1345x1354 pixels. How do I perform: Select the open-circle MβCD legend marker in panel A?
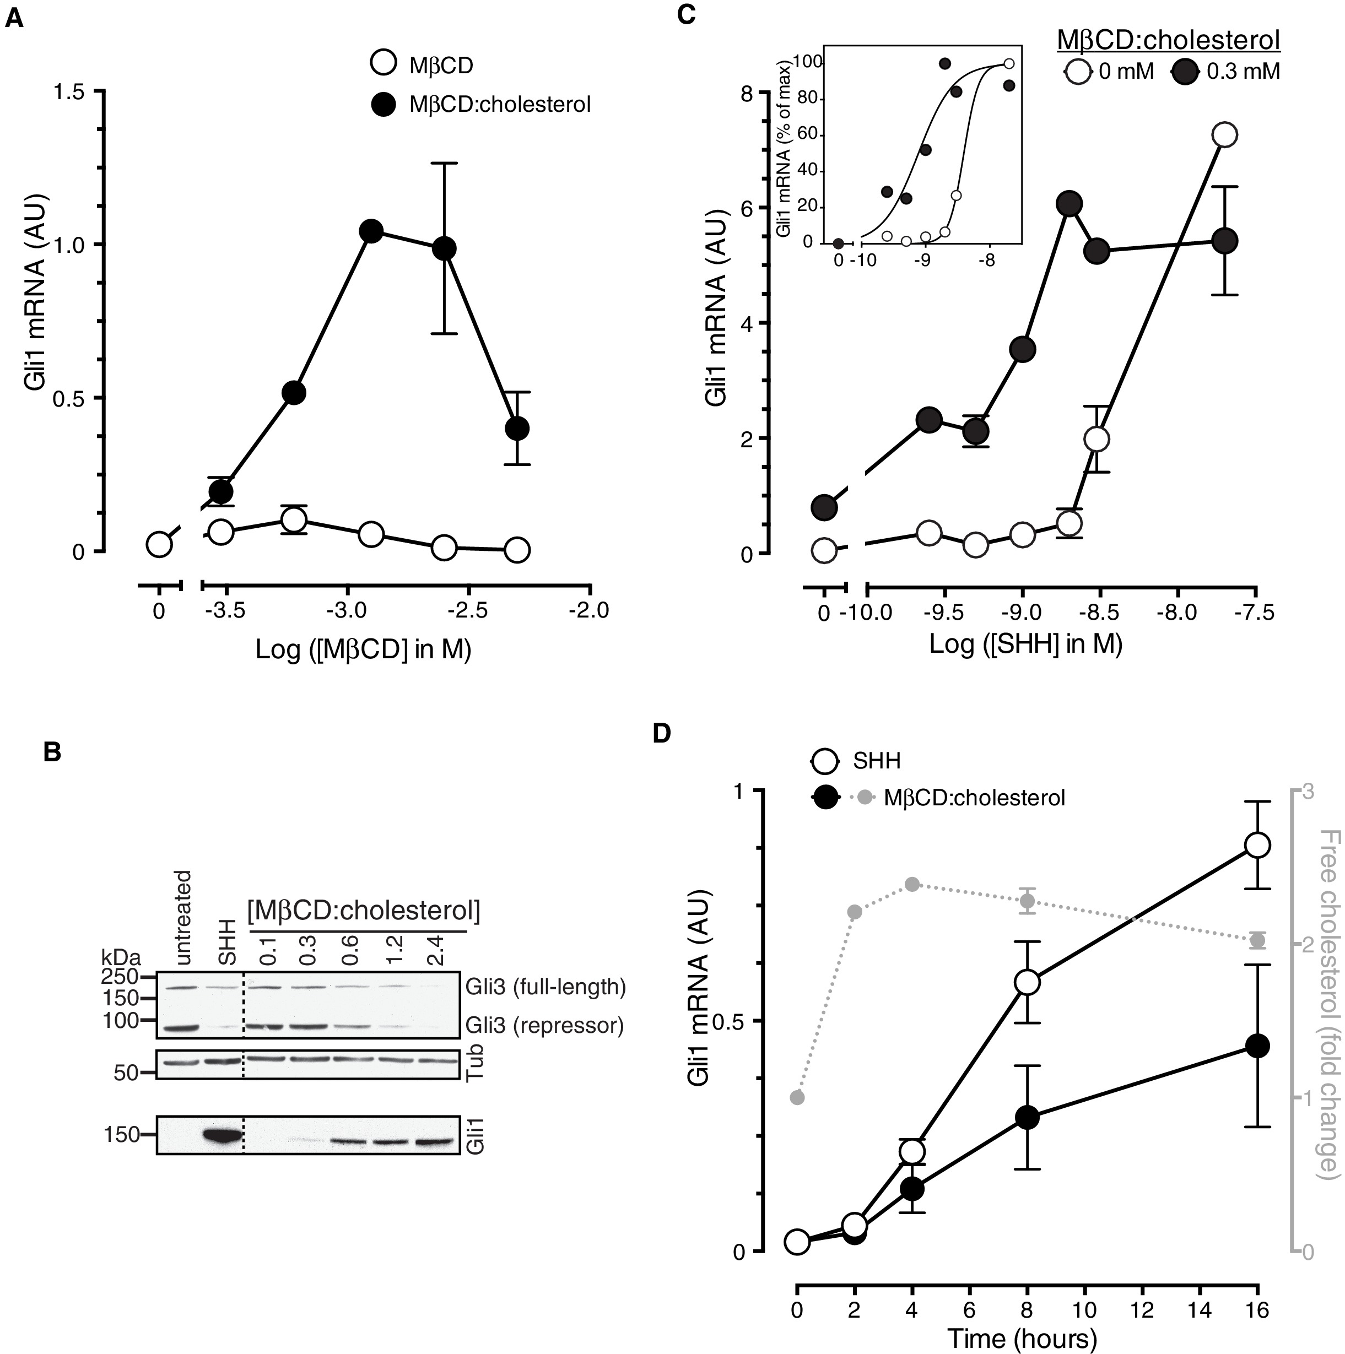tap(383, 64)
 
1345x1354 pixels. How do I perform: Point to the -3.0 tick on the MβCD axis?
tap(348, 610)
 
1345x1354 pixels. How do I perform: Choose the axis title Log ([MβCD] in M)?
tap(363, 649)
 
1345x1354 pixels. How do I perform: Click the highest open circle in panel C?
tap(1224, 134)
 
